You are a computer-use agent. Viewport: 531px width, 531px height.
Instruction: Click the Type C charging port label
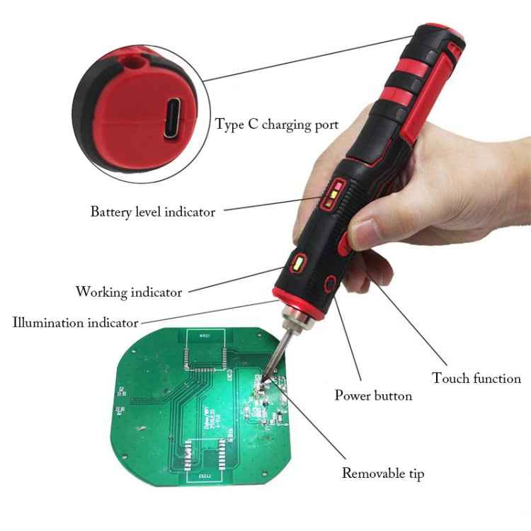point(277,125)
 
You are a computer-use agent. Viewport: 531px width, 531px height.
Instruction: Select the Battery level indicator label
point(152,211)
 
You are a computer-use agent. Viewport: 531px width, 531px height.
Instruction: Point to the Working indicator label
point(128,292)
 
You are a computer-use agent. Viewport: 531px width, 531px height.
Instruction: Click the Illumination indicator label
point(75,323)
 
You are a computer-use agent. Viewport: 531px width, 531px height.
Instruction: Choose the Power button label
point(373,395)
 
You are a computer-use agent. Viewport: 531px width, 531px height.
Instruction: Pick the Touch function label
point(476,378)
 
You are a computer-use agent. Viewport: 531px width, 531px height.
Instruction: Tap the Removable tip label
point(383,473)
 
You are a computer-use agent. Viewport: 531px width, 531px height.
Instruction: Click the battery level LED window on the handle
point(333,195)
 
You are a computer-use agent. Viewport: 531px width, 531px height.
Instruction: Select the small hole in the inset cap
point(132,64)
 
